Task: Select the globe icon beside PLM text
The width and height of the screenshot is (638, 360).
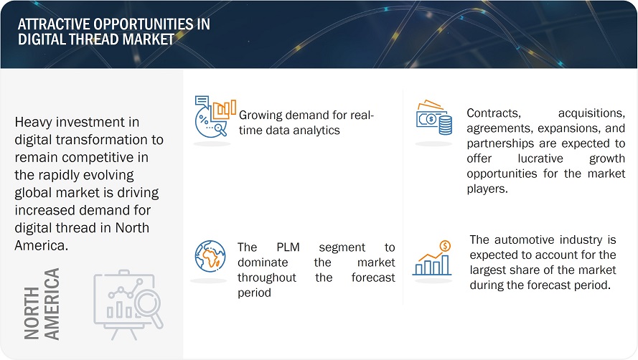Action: [210, 256]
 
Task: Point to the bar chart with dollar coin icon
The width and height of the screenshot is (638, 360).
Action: [432, 258]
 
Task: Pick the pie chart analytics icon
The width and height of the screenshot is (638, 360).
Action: [215, 116]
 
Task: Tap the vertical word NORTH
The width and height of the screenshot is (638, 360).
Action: [32, 313]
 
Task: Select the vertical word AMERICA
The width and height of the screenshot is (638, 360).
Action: [52, 304]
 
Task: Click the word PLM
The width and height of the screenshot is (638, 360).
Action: [288, 247]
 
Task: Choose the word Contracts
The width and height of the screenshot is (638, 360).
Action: [494, 113]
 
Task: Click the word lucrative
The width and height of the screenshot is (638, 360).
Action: [540, 158]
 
